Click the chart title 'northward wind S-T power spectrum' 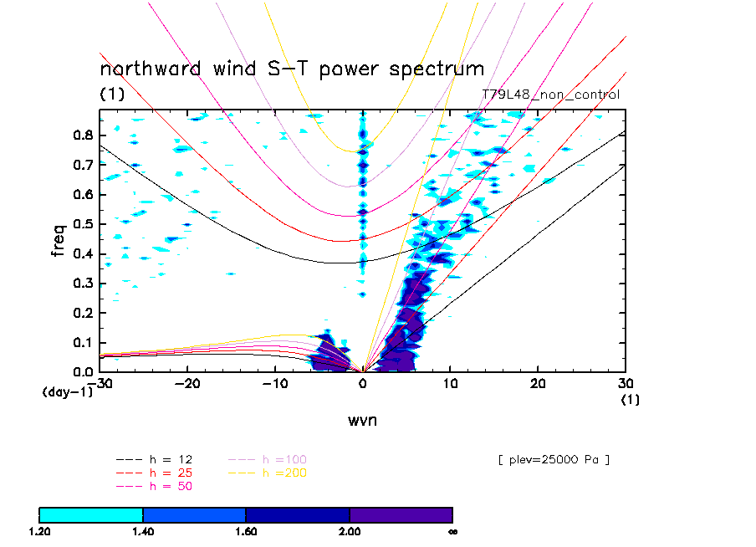[292, 69]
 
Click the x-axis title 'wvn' [362, 420]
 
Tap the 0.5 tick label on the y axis [82, 224]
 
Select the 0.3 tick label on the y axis [82, 284]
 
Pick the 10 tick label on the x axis [450, 382]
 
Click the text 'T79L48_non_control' [550, 95]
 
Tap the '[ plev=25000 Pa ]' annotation [552, 459]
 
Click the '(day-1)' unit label [67, 391]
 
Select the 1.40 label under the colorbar [143, 530]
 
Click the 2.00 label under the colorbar [350, 530]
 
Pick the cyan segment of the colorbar [91, 514]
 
